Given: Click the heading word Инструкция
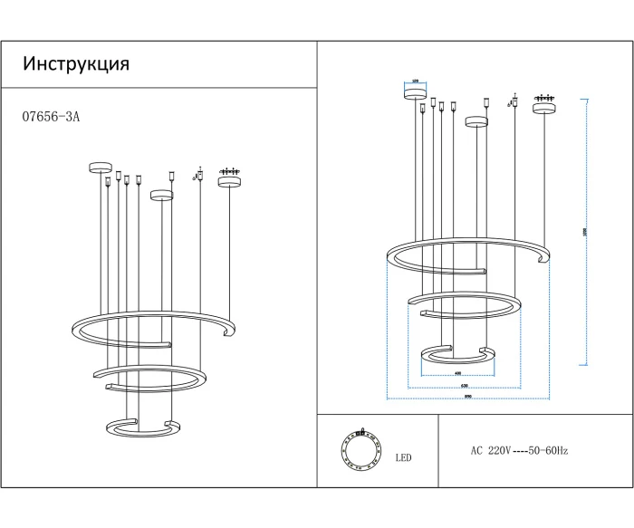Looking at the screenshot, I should (76, 64).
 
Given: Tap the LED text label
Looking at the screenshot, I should (403, 458).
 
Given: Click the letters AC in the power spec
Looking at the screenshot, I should (476, 450).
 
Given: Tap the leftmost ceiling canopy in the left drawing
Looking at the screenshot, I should (99, 167).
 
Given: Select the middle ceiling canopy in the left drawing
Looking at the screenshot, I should (161, 194).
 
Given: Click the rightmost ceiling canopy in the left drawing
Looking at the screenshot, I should (230, 181).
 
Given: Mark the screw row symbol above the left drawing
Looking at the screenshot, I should (230, 170).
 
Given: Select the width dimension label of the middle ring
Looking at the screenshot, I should (464, 386).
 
